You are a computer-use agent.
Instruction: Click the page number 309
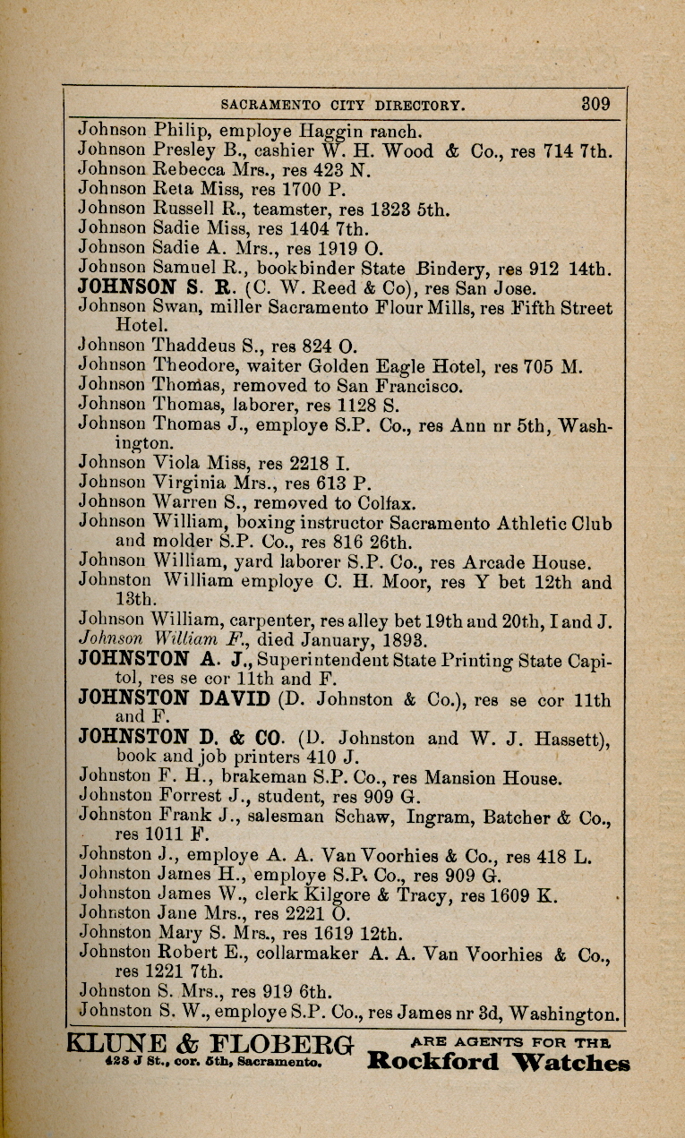[x=595, y=103]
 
